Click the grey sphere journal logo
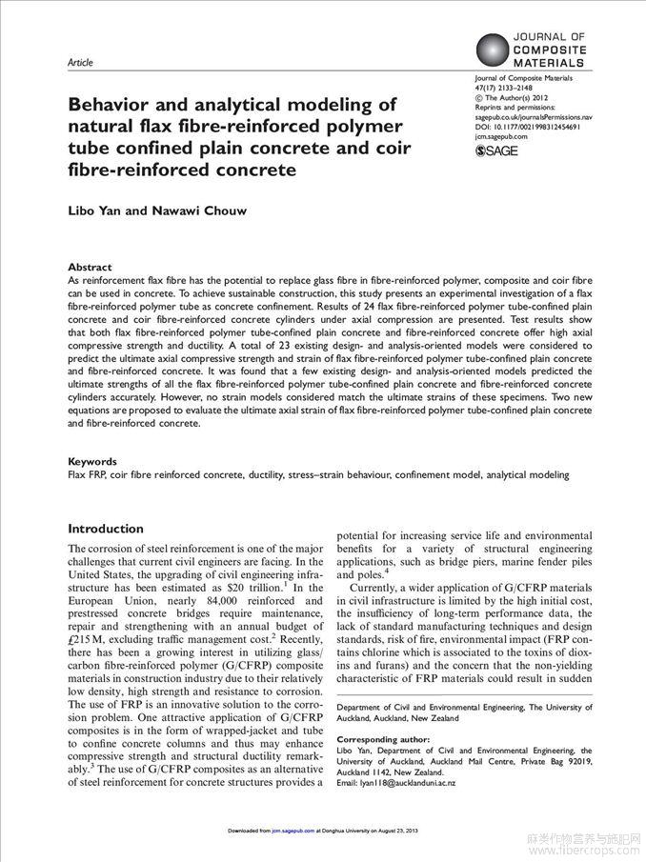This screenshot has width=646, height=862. click(x=493, y=49)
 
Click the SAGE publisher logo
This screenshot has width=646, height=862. click(x=495, y=150)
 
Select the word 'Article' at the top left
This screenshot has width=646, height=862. click(x=81, y=63)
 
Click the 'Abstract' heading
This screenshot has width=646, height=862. click(x=90, y=268)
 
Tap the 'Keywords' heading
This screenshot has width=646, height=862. click(x=92, y=461)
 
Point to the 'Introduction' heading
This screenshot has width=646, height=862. click(x=106, y=529)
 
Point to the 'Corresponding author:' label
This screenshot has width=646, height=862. click(x=383, y=739)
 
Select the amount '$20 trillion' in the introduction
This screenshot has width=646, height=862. click(x=254, y=588)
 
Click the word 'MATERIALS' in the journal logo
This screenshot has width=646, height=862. click(x=550, y=62)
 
